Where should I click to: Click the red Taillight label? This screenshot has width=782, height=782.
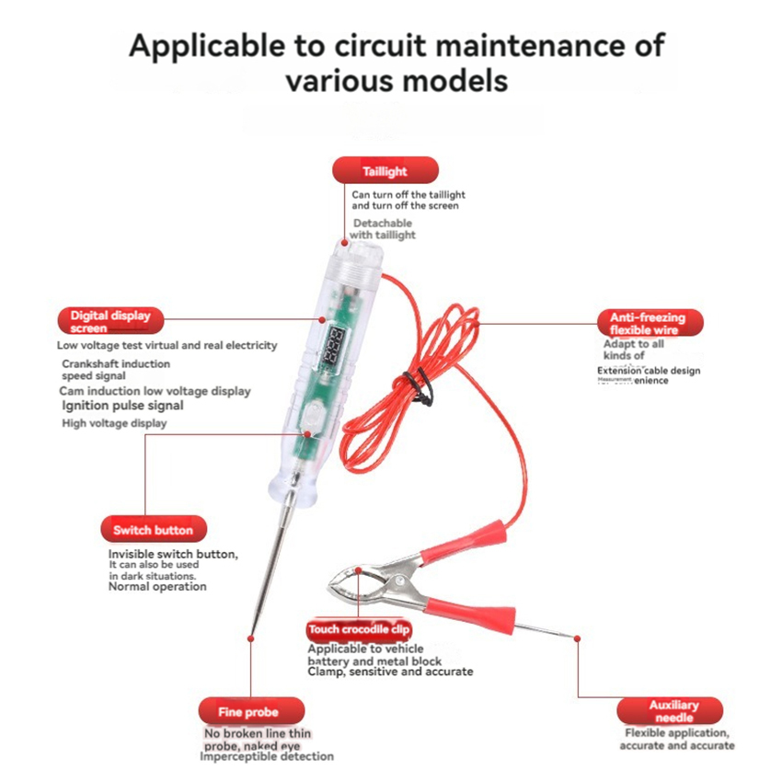coord(385,171)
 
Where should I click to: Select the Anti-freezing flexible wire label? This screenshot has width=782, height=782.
coord(648,323)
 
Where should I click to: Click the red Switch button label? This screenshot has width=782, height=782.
coord(153,529)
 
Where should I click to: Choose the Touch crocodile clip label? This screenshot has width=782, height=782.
coord(360,629)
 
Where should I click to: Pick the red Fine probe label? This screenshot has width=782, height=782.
coord(250,711)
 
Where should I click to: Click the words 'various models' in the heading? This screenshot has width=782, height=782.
coord(397,81)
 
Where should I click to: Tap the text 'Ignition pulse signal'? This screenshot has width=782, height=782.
coord(122,406)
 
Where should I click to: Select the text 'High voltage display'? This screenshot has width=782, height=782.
coord(114,424)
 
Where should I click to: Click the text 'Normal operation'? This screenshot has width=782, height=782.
coord(157,587)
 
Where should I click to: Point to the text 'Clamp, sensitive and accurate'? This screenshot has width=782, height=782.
coord(390,673)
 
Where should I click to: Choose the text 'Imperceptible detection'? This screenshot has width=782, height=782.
coord(267,757)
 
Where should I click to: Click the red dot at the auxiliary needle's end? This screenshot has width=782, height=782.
coord(578,637)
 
